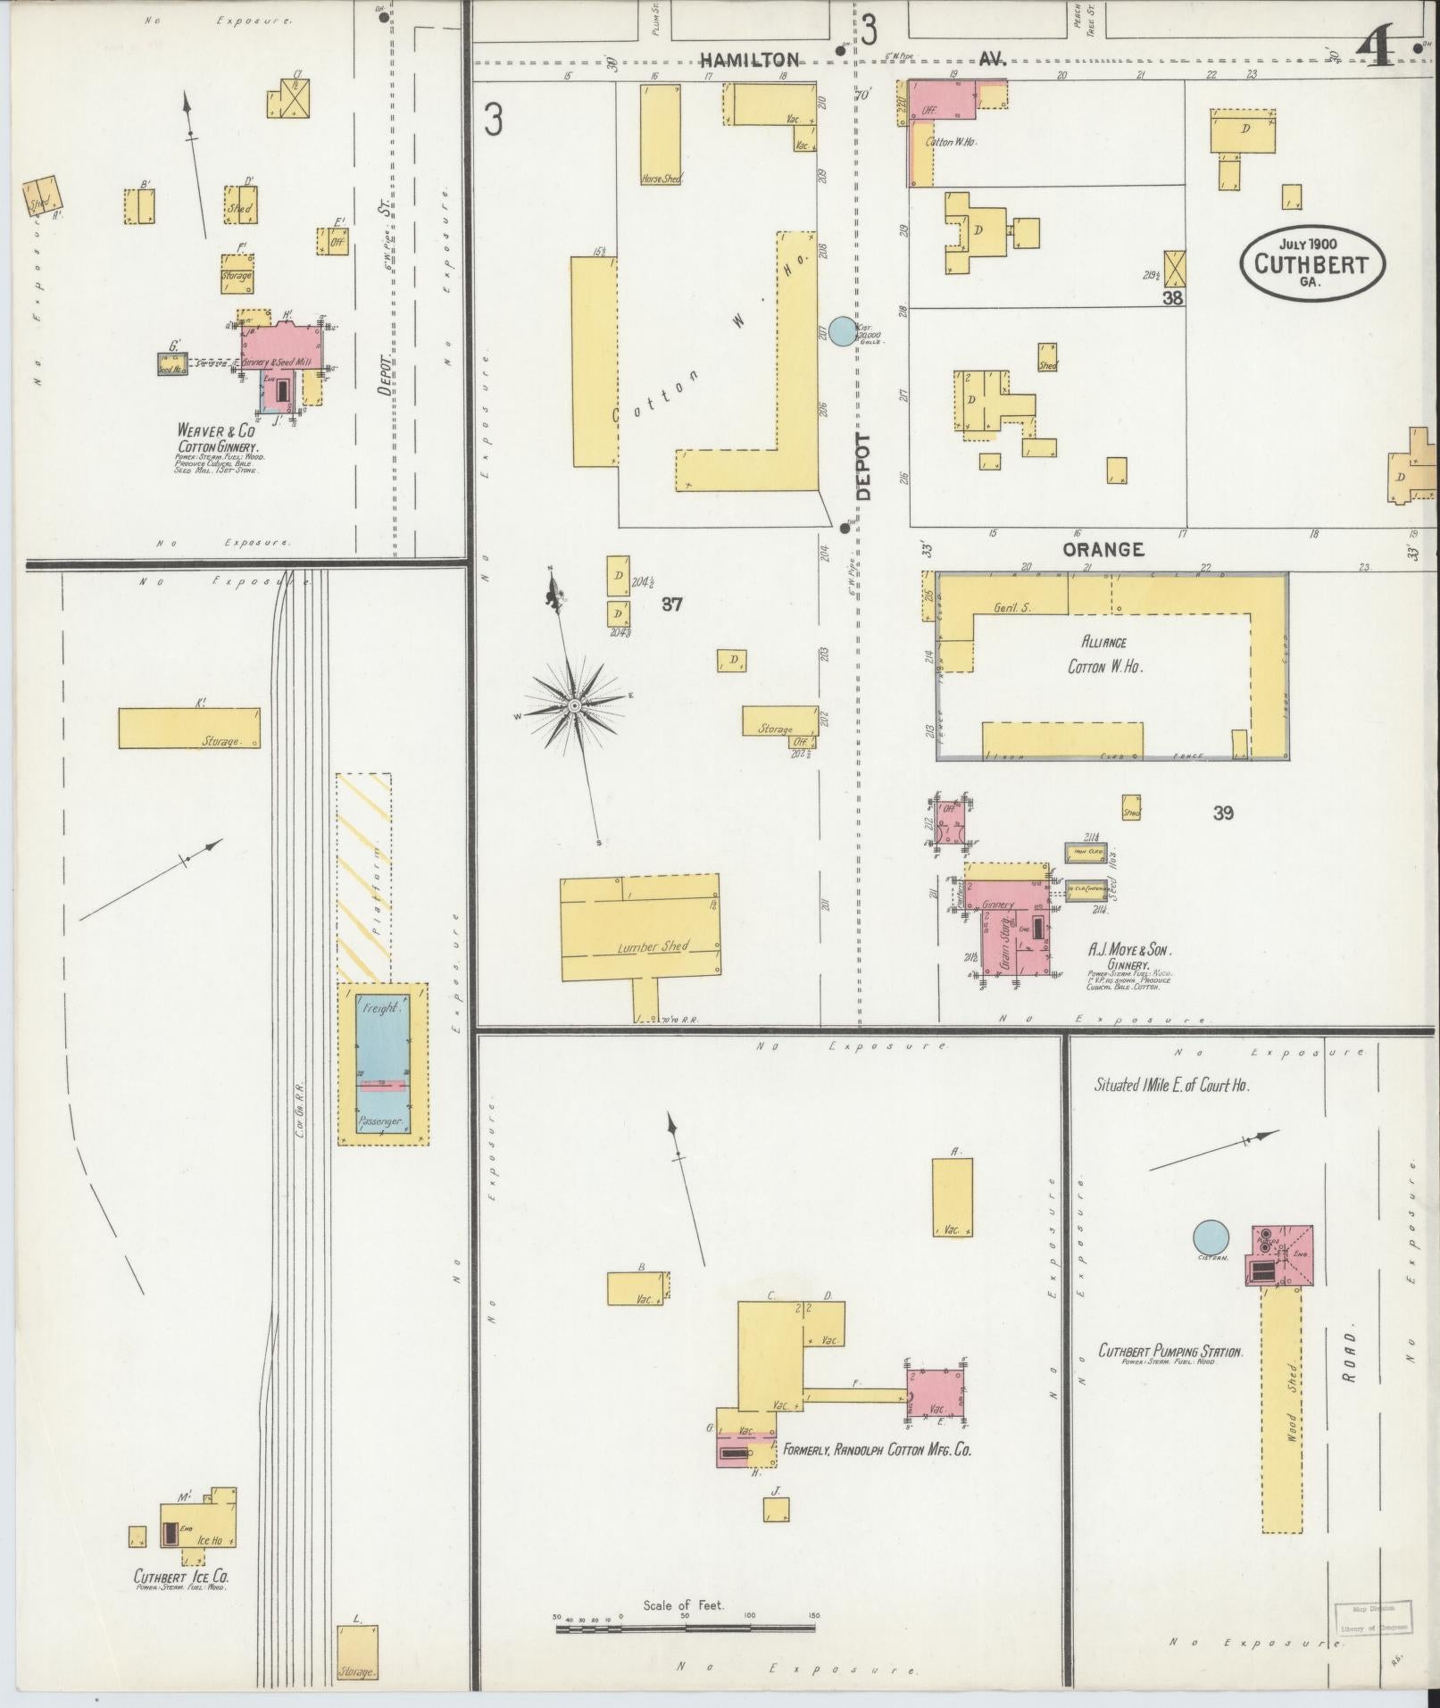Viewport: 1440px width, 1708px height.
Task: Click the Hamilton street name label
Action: click(x=749, y=60)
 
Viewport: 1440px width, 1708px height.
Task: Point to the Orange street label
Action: click(x=1103, y=549)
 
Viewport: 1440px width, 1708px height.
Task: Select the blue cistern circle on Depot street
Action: click(x=841, y=331)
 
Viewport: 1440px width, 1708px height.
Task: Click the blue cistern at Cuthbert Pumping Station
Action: click(x=1211, y=1237)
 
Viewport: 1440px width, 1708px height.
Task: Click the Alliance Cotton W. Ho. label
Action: click(x=1104, y=654)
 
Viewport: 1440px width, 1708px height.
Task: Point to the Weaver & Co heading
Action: click(x=215, y=430)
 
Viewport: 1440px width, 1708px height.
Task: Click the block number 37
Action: click(x=671, y=604)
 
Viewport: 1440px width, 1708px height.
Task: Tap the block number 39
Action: click(x=1222, y=812)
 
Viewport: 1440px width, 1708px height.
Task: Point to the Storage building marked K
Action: click(x=189, y=728)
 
